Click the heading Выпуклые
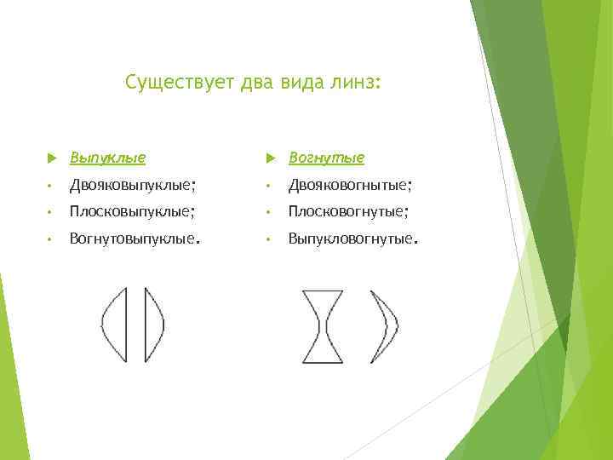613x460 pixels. (107, 158)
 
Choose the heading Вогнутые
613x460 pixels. (326, 158)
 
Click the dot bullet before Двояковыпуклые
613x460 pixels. (52, 186)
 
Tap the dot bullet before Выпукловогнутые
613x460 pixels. (270, 240)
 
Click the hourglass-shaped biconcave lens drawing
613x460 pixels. (323, 326)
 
